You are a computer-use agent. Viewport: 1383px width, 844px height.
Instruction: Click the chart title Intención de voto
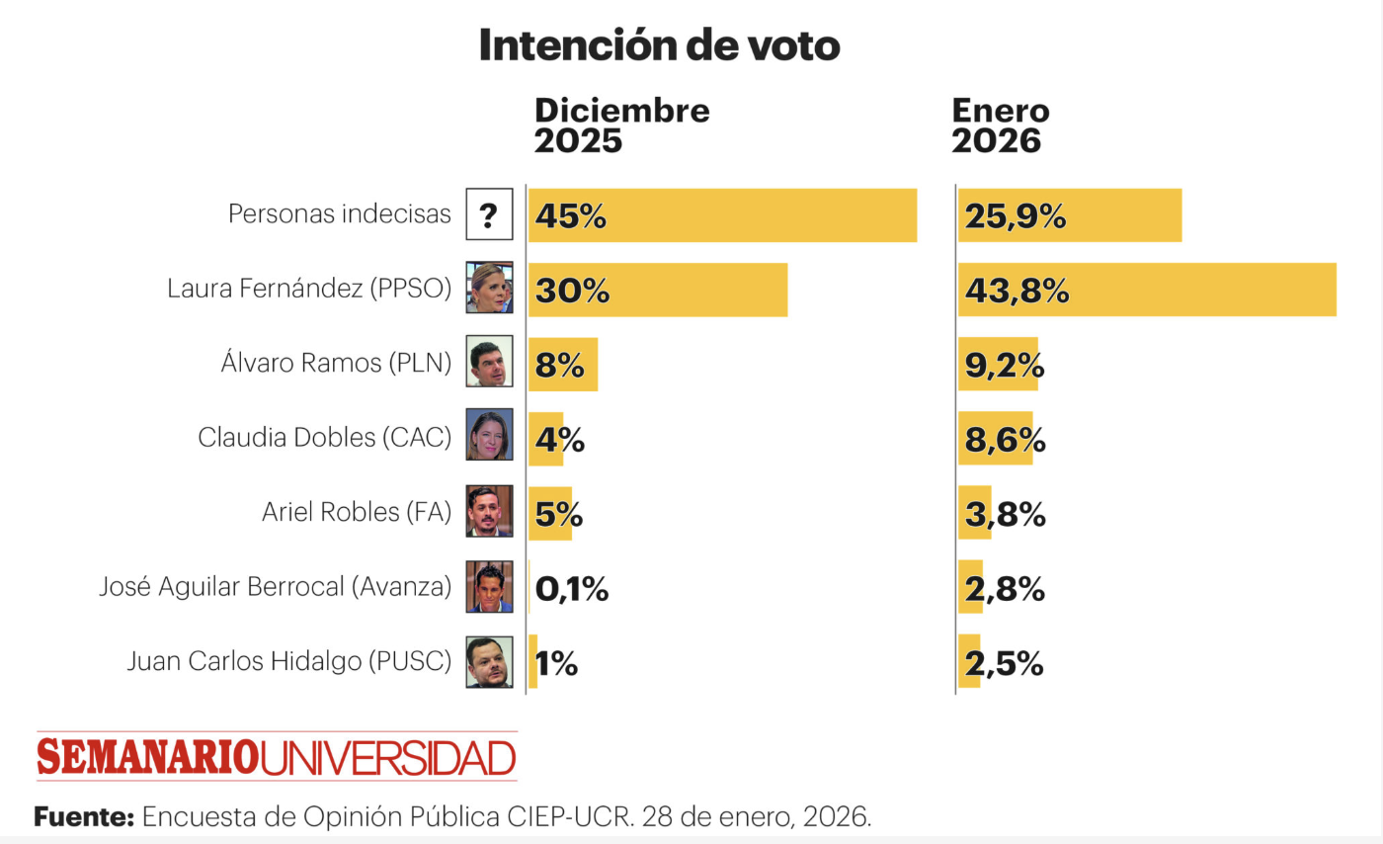coord(659,45)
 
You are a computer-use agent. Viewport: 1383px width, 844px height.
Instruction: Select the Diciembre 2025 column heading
coord(621,126)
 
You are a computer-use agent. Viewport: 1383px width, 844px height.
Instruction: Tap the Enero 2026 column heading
coord(1000,126)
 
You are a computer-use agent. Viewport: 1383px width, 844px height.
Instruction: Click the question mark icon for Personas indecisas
coord(489,214)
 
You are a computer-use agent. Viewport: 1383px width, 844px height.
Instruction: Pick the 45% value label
coord(570,215)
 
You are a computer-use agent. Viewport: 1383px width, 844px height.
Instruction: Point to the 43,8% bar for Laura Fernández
coord(1146,291)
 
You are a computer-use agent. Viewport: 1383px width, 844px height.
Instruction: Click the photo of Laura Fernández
coord(489,289)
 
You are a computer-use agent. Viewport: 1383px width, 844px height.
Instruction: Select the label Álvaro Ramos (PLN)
coord(336,363)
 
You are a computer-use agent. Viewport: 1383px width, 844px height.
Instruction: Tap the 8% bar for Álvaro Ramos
coord(562,365)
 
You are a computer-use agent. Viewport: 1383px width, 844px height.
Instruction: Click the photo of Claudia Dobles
coord(489,435)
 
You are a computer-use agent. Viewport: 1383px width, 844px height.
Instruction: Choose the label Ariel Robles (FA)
coord(356,512)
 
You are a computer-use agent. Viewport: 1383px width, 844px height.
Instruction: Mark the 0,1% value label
coord(571,590)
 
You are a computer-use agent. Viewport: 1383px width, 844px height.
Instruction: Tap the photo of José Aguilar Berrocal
coord(489,587)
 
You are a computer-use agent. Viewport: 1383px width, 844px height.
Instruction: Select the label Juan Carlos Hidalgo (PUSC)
coord(288,661)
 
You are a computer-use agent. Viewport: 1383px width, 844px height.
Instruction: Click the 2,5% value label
coord(1004,664)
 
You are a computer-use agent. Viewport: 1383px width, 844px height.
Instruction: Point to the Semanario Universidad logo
coord(277,757)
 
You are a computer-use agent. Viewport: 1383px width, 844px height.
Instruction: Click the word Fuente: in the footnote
coord(84,817)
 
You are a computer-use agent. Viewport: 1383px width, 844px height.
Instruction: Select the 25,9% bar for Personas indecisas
coord(1070,215)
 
